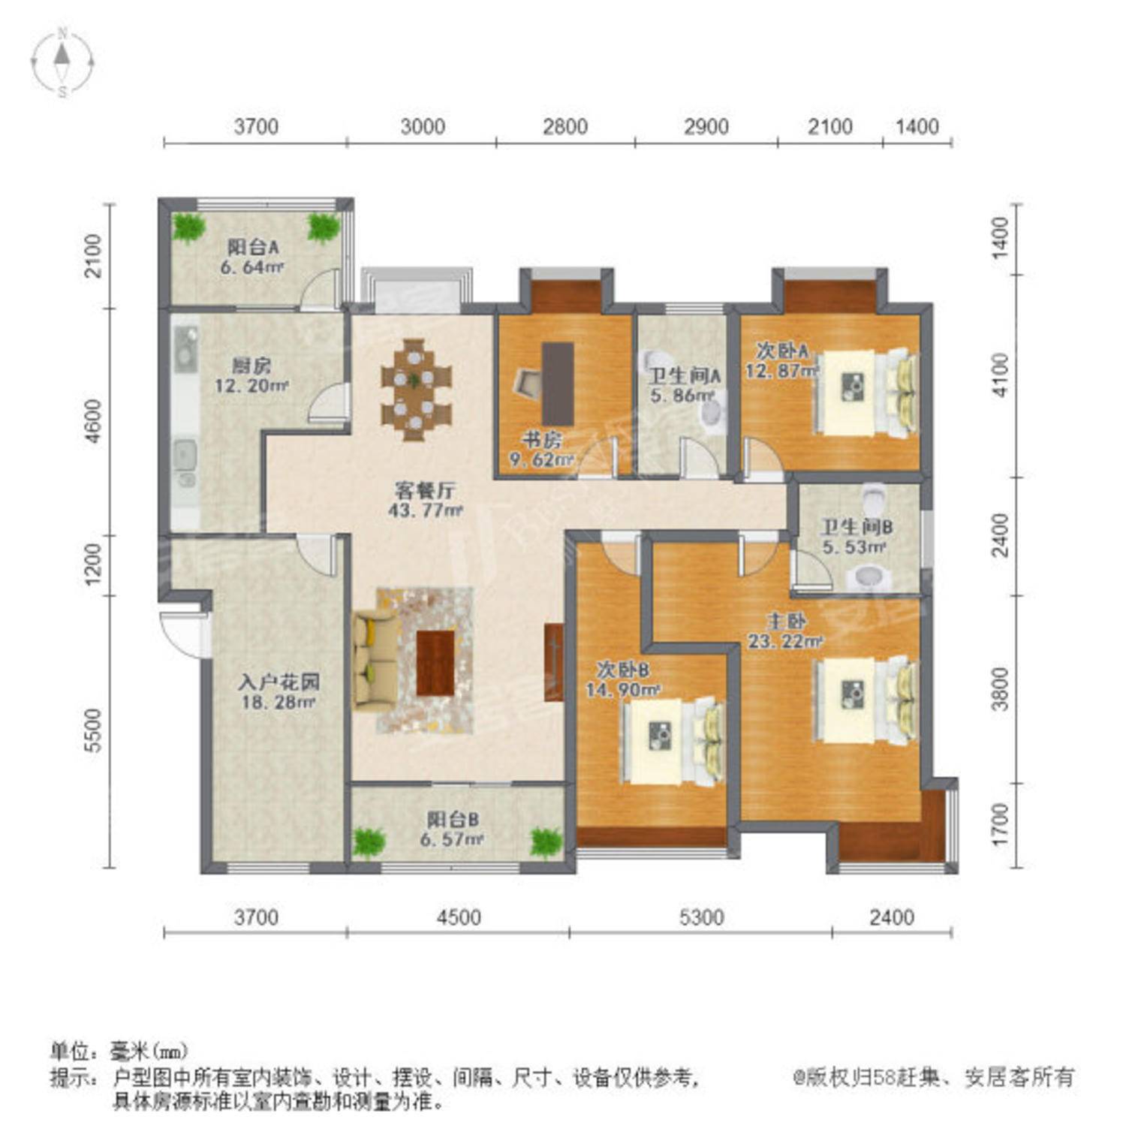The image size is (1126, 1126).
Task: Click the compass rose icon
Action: click(63, 62)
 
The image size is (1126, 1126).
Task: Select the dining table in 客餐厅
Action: click(416, 390)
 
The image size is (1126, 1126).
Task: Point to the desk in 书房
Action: click(558, 384)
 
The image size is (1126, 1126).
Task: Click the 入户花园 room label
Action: click(279, 682)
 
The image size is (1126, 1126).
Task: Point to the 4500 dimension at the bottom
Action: click(459, 917)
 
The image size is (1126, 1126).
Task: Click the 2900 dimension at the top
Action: click(706, 126)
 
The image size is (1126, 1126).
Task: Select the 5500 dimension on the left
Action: click(92, 730)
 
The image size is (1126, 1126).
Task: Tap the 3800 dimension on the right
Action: click(999, 688)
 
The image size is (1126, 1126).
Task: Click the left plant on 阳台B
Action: click(369, 843)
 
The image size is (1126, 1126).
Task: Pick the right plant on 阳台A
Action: click(324, 227)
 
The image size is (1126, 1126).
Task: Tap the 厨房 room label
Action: click(251, 366)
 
